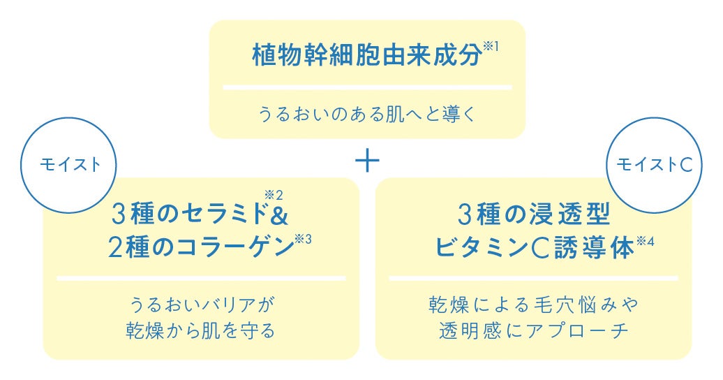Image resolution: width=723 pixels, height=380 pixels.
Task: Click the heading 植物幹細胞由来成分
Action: (x=367, y=55)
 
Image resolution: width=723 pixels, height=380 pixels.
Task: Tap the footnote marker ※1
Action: (x=491, y=47)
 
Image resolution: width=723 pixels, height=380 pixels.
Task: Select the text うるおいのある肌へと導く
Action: (x=367, y=114)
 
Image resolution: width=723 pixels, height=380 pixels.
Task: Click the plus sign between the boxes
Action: (x=368, y=161)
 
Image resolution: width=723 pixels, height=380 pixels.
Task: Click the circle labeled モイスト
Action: (x=68, y=165)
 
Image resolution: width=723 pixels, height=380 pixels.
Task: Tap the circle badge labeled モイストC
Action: (x=655, y=165)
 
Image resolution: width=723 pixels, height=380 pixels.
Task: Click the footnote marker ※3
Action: (x=304, y=240)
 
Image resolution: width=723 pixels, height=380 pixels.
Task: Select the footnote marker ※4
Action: (x=645, y=242)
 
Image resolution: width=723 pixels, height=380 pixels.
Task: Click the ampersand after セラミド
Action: (x=278, y=214)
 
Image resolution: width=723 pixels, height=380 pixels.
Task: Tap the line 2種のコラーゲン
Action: (x=201, y=247)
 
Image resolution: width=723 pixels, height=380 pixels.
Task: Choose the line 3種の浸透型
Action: (x=534, y=214)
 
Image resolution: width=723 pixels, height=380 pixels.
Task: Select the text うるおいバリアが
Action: (x=202, y=305)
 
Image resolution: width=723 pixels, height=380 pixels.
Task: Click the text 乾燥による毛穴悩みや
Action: (x=533, y=305)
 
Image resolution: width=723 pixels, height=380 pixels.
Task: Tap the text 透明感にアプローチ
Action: (x=533, y=331)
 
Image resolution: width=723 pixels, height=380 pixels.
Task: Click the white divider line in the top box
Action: (x=368, y=87)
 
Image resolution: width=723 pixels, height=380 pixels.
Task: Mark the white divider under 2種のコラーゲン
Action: (x=201, y=279)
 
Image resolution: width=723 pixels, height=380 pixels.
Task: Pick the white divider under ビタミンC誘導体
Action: (x=533, y=279)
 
